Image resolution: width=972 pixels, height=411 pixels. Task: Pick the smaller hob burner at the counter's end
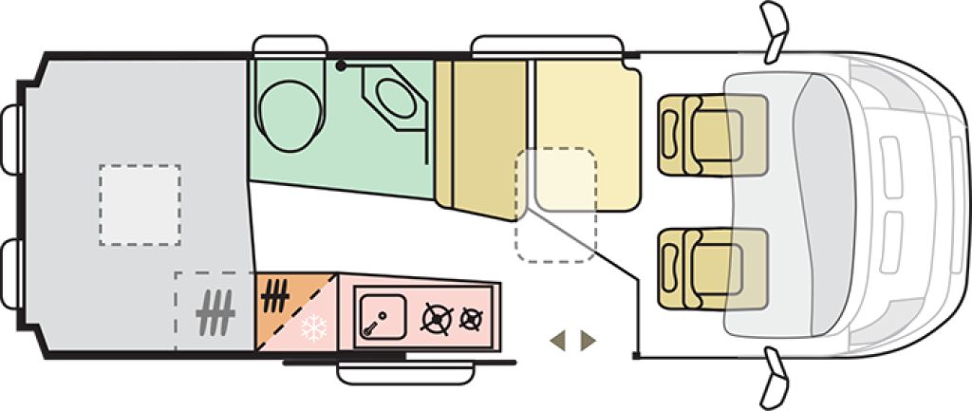point(470,319)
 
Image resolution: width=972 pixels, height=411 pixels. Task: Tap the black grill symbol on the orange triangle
point(275,293)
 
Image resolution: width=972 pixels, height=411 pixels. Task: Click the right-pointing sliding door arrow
point(589,340)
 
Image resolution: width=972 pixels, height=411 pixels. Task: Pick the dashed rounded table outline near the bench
point(556,204)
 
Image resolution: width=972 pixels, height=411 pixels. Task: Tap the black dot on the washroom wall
point(340,65)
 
